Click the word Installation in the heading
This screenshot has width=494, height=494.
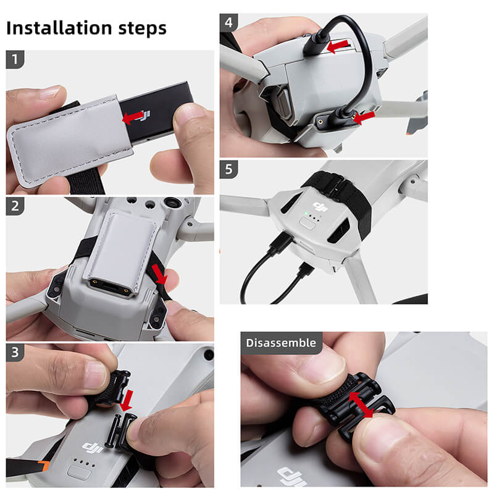click(59, 28)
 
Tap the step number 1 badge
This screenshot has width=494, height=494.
click(15, 59)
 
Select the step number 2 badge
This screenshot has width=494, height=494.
click(15, 206)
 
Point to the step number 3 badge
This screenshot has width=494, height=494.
click(15, 352)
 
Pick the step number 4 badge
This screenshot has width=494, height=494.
click(228, 22)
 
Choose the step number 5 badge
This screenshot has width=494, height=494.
click(228, 169)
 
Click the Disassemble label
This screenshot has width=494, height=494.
click(281, 343)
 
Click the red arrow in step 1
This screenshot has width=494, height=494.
click(133, 117)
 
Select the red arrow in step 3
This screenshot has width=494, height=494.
click(127, 400)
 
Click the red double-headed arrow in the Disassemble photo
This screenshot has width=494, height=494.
click(361, 404)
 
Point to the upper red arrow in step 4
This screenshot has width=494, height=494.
click(338, 46)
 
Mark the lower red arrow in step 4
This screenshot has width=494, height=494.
click(364, 117)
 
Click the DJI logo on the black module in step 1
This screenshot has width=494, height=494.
click(144, 115)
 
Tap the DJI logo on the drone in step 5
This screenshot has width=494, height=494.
click(320, 207)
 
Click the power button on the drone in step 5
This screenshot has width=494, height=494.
click(308, 224)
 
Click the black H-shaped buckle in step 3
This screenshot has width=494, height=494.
click(119, 430)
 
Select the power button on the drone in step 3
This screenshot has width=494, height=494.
click(77, 473)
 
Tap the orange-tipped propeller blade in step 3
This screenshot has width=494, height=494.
click(28, 467)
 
